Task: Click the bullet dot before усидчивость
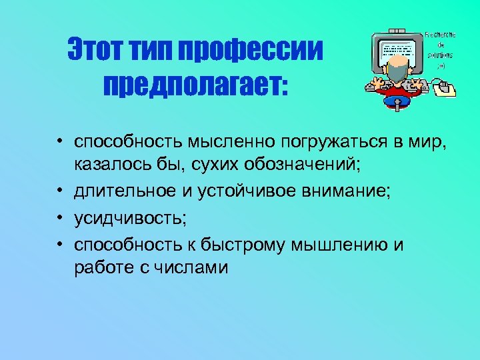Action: click(x=60, y=219)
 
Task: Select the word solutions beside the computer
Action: click(x=441, y=54)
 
